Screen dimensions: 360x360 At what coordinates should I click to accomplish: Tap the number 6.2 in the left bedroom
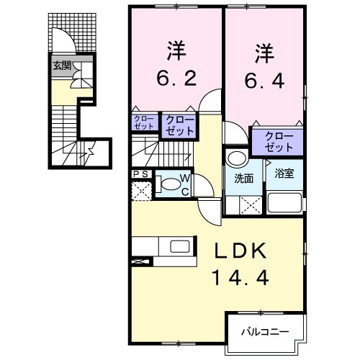coord(176,77)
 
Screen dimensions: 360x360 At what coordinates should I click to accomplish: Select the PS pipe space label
coord(140,174)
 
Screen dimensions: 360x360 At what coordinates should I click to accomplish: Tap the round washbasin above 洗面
coord(235,158)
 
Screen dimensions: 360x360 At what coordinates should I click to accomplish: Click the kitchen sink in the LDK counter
coord(180,247)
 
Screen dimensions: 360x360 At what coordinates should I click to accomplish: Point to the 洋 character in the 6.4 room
coord(264,54)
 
